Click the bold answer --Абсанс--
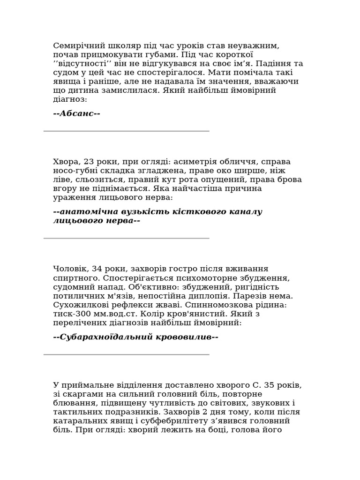(77, 113)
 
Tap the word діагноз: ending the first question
(70, 99)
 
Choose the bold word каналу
(245, 212)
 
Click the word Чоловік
(70, 269)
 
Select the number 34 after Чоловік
(97, 269)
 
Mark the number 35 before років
(270, 385)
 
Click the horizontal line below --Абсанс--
(127, 131)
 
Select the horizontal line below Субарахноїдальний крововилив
(127, 355)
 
